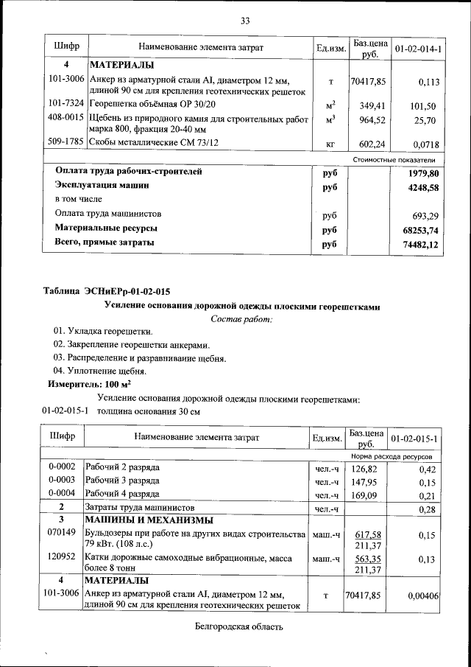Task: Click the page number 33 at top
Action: pos(245,19)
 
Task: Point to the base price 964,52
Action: pos(369,119)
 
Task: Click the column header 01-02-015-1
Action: pos(416,439)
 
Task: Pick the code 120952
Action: pos(62,559)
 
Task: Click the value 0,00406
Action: pos(422,594)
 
